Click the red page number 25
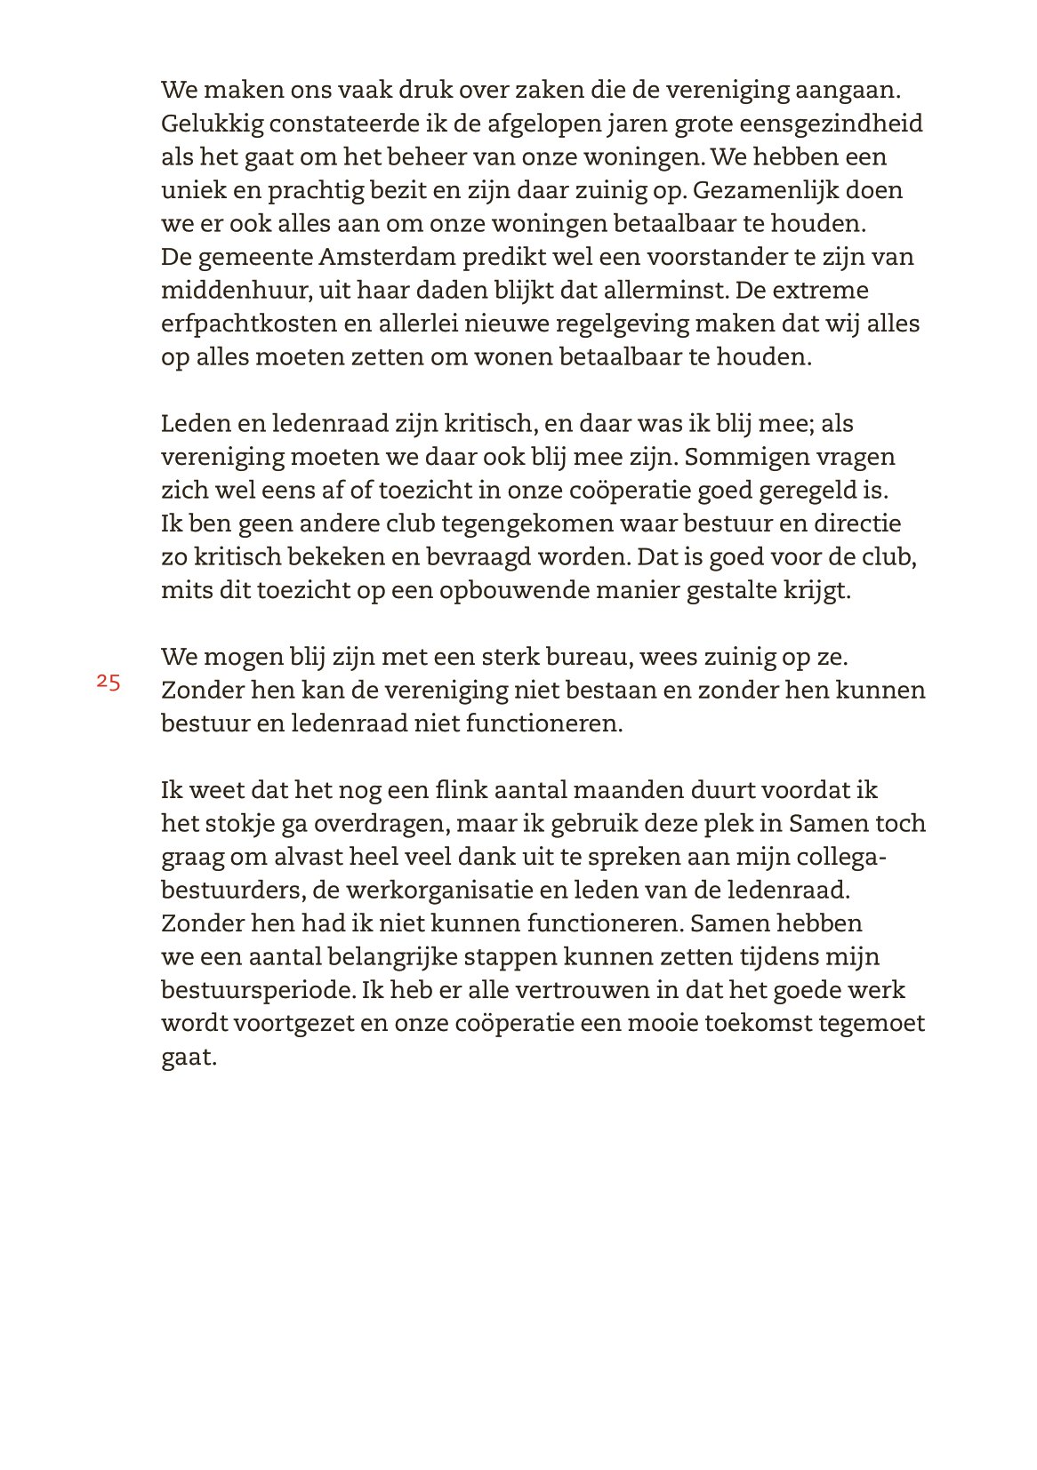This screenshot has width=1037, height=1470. click(x=109, y=683)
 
